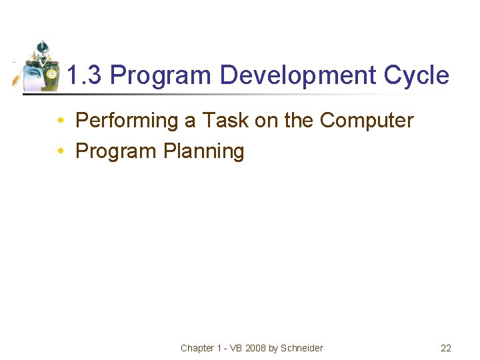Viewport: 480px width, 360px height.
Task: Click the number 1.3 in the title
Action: click(x=85, y=75)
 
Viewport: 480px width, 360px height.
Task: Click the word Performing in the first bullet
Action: click(x=124, y=121)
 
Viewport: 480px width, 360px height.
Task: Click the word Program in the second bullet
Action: click(x=116, y=151)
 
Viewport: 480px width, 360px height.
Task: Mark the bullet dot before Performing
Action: click(x=60, y=121)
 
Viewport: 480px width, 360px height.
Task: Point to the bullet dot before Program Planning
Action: click(x=60, y=152)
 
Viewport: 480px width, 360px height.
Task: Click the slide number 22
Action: click(x=446, y=348)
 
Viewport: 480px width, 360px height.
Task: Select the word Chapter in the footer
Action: click(x=197, y=348)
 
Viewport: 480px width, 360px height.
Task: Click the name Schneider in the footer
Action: click(x=302, y=348)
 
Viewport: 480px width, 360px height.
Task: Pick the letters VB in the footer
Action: click(x=235, y=348)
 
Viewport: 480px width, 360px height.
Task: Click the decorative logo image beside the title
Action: click(x=39, y=67)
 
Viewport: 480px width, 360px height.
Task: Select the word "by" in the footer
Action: click(x=273, y=348)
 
